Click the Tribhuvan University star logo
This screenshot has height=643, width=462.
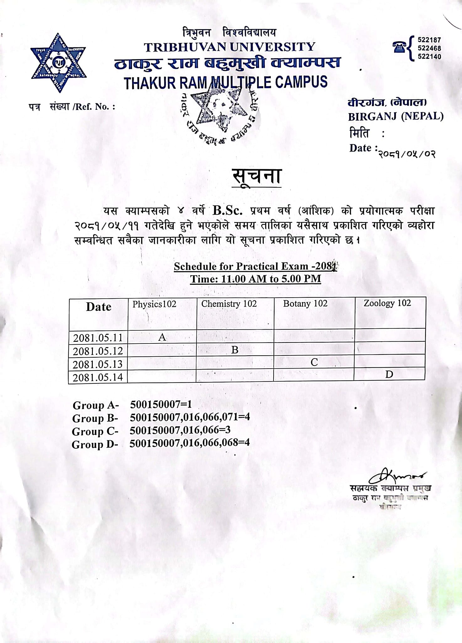[x=58, y=63]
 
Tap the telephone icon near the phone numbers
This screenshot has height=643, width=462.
[x=399, y=47]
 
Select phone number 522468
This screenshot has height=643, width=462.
[x=429, y=48]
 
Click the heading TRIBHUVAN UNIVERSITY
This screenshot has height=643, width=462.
[x=230, y=47]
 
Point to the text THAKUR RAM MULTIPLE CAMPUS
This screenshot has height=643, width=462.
[x=226, y=83]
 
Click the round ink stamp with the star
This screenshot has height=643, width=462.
[x=220, y=115]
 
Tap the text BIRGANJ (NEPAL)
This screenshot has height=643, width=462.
[x=396, y=117]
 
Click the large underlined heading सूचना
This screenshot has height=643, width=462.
[x=257, y=176]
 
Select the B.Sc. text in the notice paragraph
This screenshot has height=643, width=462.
[x=227, y=211]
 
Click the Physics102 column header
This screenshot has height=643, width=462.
[x=154, y=304]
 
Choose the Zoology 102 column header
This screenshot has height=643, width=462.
[x=387, y=303]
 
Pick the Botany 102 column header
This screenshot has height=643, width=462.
[x=305, y=304]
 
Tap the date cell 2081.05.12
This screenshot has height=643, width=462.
[x=98, y=351]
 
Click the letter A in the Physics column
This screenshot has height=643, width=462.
[x=162, y=337]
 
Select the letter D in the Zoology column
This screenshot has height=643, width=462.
[x=389, y=374]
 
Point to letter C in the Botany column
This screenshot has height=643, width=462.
[x=314, y=362]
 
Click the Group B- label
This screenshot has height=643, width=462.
[x=95, y=418]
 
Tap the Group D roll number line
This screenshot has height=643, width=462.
[x=189, y=443]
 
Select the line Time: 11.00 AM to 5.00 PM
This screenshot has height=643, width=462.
[x=256, y=279]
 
